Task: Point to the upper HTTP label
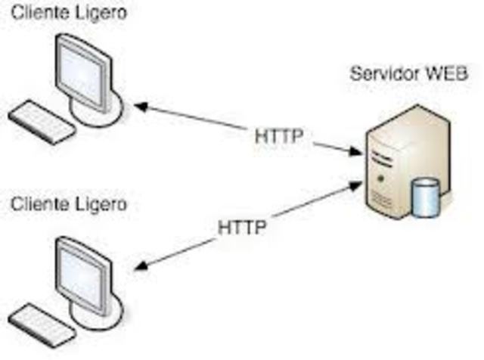click(x=279, y=137)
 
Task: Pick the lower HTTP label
click(x=242, y=227)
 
